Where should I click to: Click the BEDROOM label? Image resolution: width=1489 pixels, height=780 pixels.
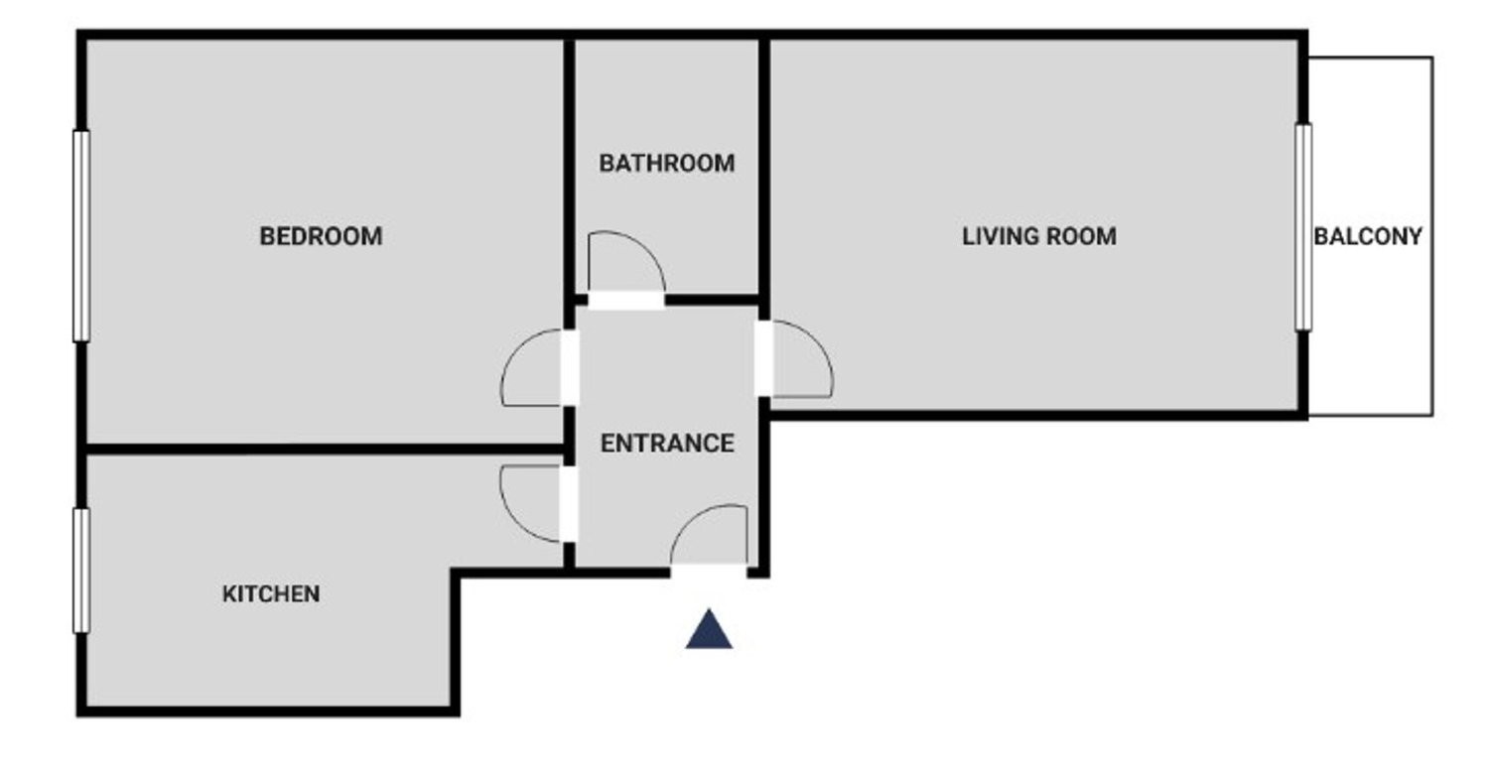point(321,236)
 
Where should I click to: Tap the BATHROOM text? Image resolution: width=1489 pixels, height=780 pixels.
point(667,164)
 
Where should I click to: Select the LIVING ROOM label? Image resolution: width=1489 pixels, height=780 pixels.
point(1039,236)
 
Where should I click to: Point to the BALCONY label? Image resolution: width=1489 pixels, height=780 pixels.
point(1367,236)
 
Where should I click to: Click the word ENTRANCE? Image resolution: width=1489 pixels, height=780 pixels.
point(667,444)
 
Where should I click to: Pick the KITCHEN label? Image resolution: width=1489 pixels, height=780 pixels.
point(271,594)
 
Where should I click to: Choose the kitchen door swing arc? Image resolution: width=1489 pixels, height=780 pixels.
point(513,522)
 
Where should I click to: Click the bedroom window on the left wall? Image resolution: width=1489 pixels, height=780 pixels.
point(81,236)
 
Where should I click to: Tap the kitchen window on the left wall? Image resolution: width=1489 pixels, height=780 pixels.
point(81,571)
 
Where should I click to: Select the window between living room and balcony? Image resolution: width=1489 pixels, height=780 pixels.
point(1303,227)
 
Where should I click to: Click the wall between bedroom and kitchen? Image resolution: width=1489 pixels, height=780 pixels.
point(326,450)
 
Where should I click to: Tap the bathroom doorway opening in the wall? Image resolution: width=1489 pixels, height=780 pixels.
point(626,301)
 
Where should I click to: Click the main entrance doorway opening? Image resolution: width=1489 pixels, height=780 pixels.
point(710,572)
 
